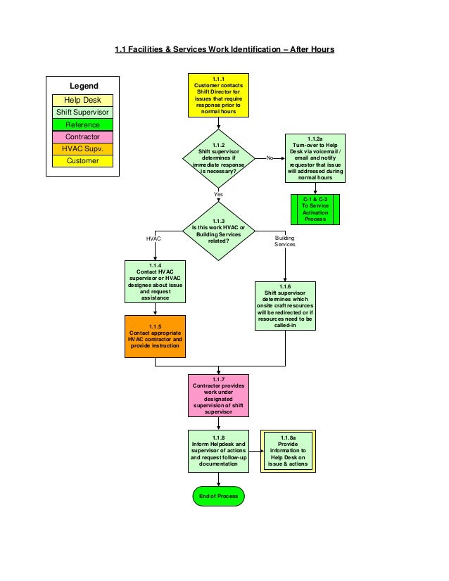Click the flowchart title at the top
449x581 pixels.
click(x=224, y=50)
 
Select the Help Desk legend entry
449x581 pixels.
click(x=83, y=101)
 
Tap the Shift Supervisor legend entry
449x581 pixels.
click(x=83, y=113)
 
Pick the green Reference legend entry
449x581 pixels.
click(x=83, y=124)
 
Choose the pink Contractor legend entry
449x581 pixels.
click(x=83, y=136)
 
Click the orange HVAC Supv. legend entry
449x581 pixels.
click(x=83, y=148)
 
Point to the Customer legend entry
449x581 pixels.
click(x=83, y=161)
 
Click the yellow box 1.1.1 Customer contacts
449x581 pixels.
click(x=218, y=95)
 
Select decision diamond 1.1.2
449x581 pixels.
click(x=218, y=159)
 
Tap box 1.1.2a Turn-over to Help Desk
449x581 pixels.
click(x=315, y=158)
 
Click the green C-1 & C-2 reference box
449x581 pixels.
click(x=315, y=209)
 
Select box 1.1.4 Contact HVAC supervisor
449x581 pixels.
click(x=155, y=280)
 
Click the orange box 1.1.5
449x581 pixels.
click(x=155, y=336)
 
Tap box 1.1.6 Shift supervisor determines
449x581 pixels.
click(x=285, y=306)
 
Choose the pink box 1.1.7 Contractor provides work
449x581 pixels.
click(x=218, y=395)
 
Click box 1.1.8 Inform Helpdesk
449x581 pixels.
click(x=218, y=451)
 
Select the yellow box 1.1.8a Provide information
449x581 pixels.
click(x=289, y=451)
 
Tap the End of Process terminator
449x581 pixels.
click(x=218, y=496)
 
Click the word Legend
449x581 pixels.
click(x=83, y=85)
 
